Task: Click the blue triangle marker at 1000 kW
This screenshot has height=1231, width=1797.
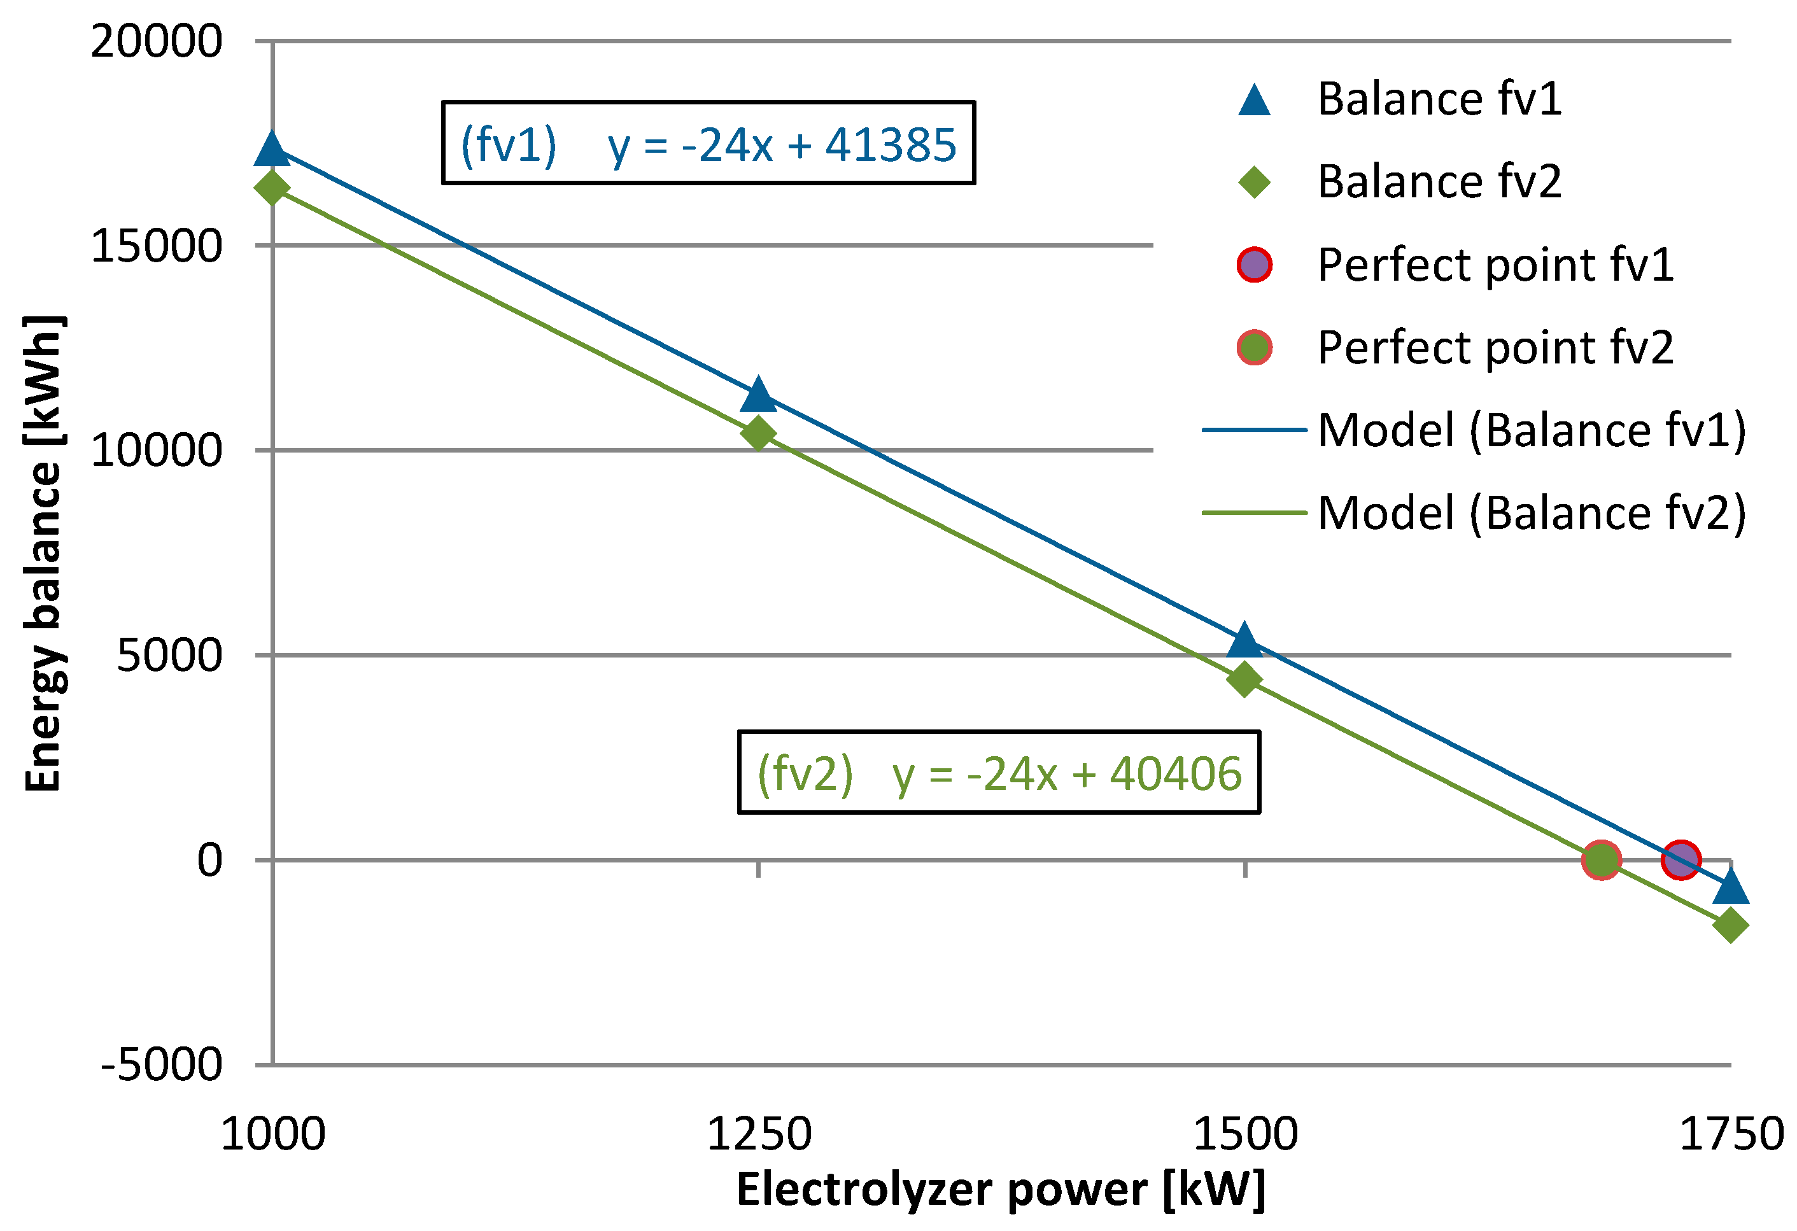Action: [x=272, y=149]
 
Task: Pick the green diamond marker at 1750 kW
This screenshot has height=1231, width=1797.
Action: [x=1731, y=925]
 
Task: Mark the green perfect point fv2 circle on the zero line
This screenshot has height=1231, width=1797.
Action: [x=1600, y=860]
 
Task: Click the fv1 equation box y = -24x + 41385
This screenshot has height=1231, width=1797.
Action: [x=708, y=143]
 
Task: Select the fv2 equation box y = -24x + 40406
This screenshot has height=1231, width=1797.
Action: [x=999, y=773]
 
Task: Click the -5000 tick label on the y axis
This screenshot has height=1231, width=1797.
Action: [x=162, y=1066]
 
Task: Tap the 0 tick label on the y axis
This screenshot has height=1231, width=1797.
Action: [x=209, y=860]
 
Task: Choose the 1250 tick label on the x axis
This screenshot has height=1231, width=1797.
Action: [x=759, y=1134]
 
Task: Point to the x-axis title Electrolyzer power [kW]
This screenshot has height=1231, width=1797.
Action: [x=1001, y=1188]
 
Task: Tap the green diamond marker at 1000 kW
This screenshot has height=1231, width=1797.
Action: [x=272, y=187]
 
